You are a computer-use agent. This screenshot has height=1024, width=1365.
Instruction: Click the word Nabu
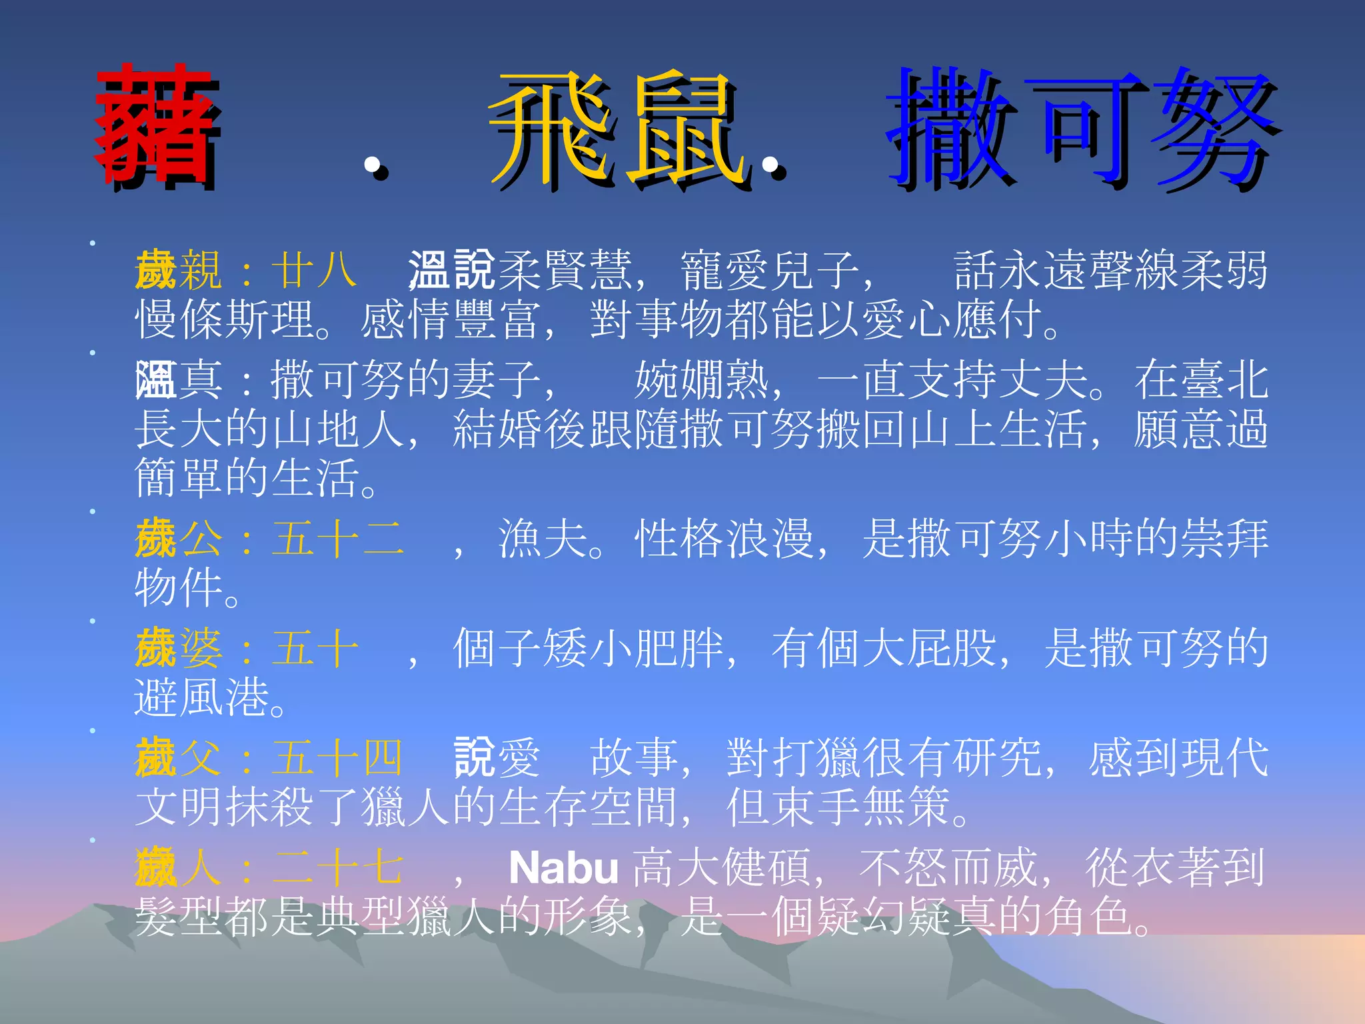564,867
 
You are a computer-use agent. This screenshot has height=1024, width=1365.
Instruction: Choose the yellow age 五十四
337,758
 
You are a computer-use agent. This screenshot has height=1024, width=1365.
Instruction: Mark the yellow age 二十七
337,867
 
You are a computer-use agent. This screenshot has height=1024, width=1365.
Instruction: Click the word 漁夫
543,539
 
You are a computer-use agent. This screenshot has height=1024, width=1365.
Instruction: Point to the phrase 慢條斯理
224,319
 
